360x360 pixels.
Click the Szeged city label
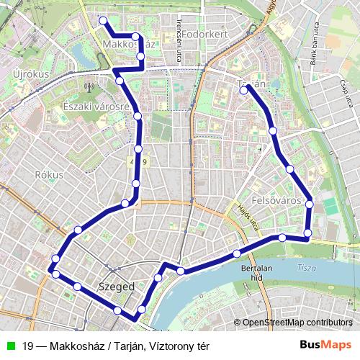point(115,287)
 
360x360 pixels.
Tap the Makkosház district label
point(130,45)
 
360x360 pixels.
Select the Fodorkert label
point(204,34)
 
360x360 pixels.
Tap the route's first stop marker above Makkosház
point(103,21)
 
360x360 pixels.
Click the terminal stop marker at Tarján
point(246,89)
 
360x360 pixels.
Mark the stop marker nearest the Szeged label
point(117,310)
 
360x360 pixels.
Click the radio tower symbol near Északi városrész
point(89,88)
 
